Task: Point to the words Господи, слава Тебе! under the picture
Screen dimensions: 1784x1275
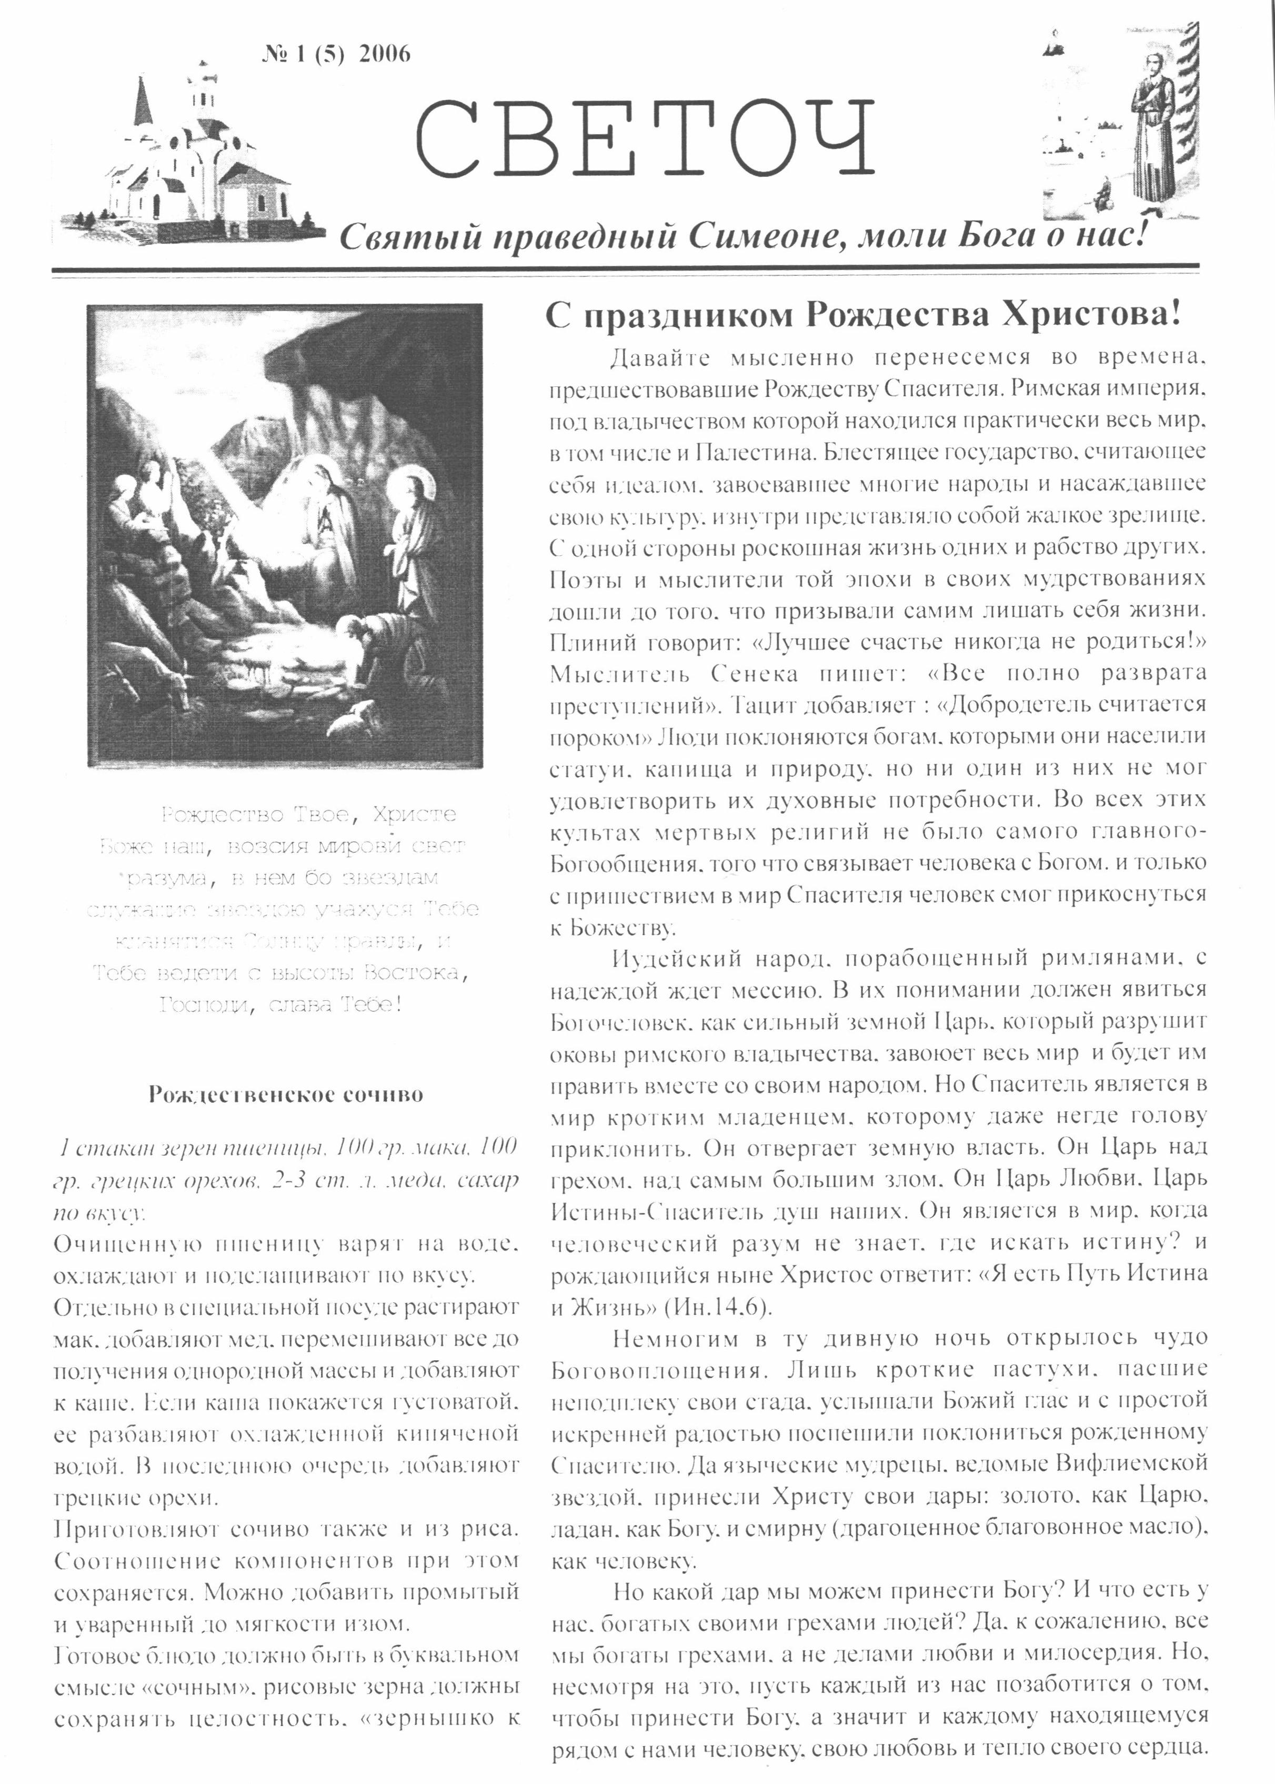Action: coord(281,1004)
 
